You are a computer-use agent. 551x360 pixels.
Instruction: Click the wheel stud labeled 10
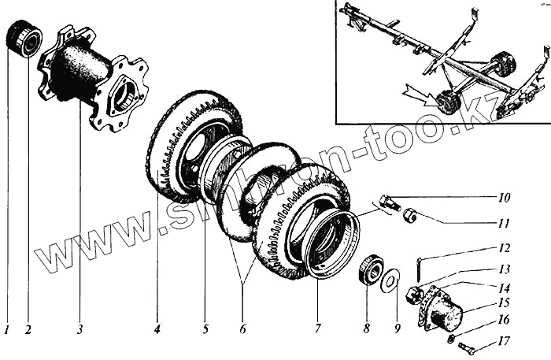387,202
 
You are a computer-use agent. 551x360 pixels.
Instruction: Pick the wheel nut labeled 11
409,216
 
